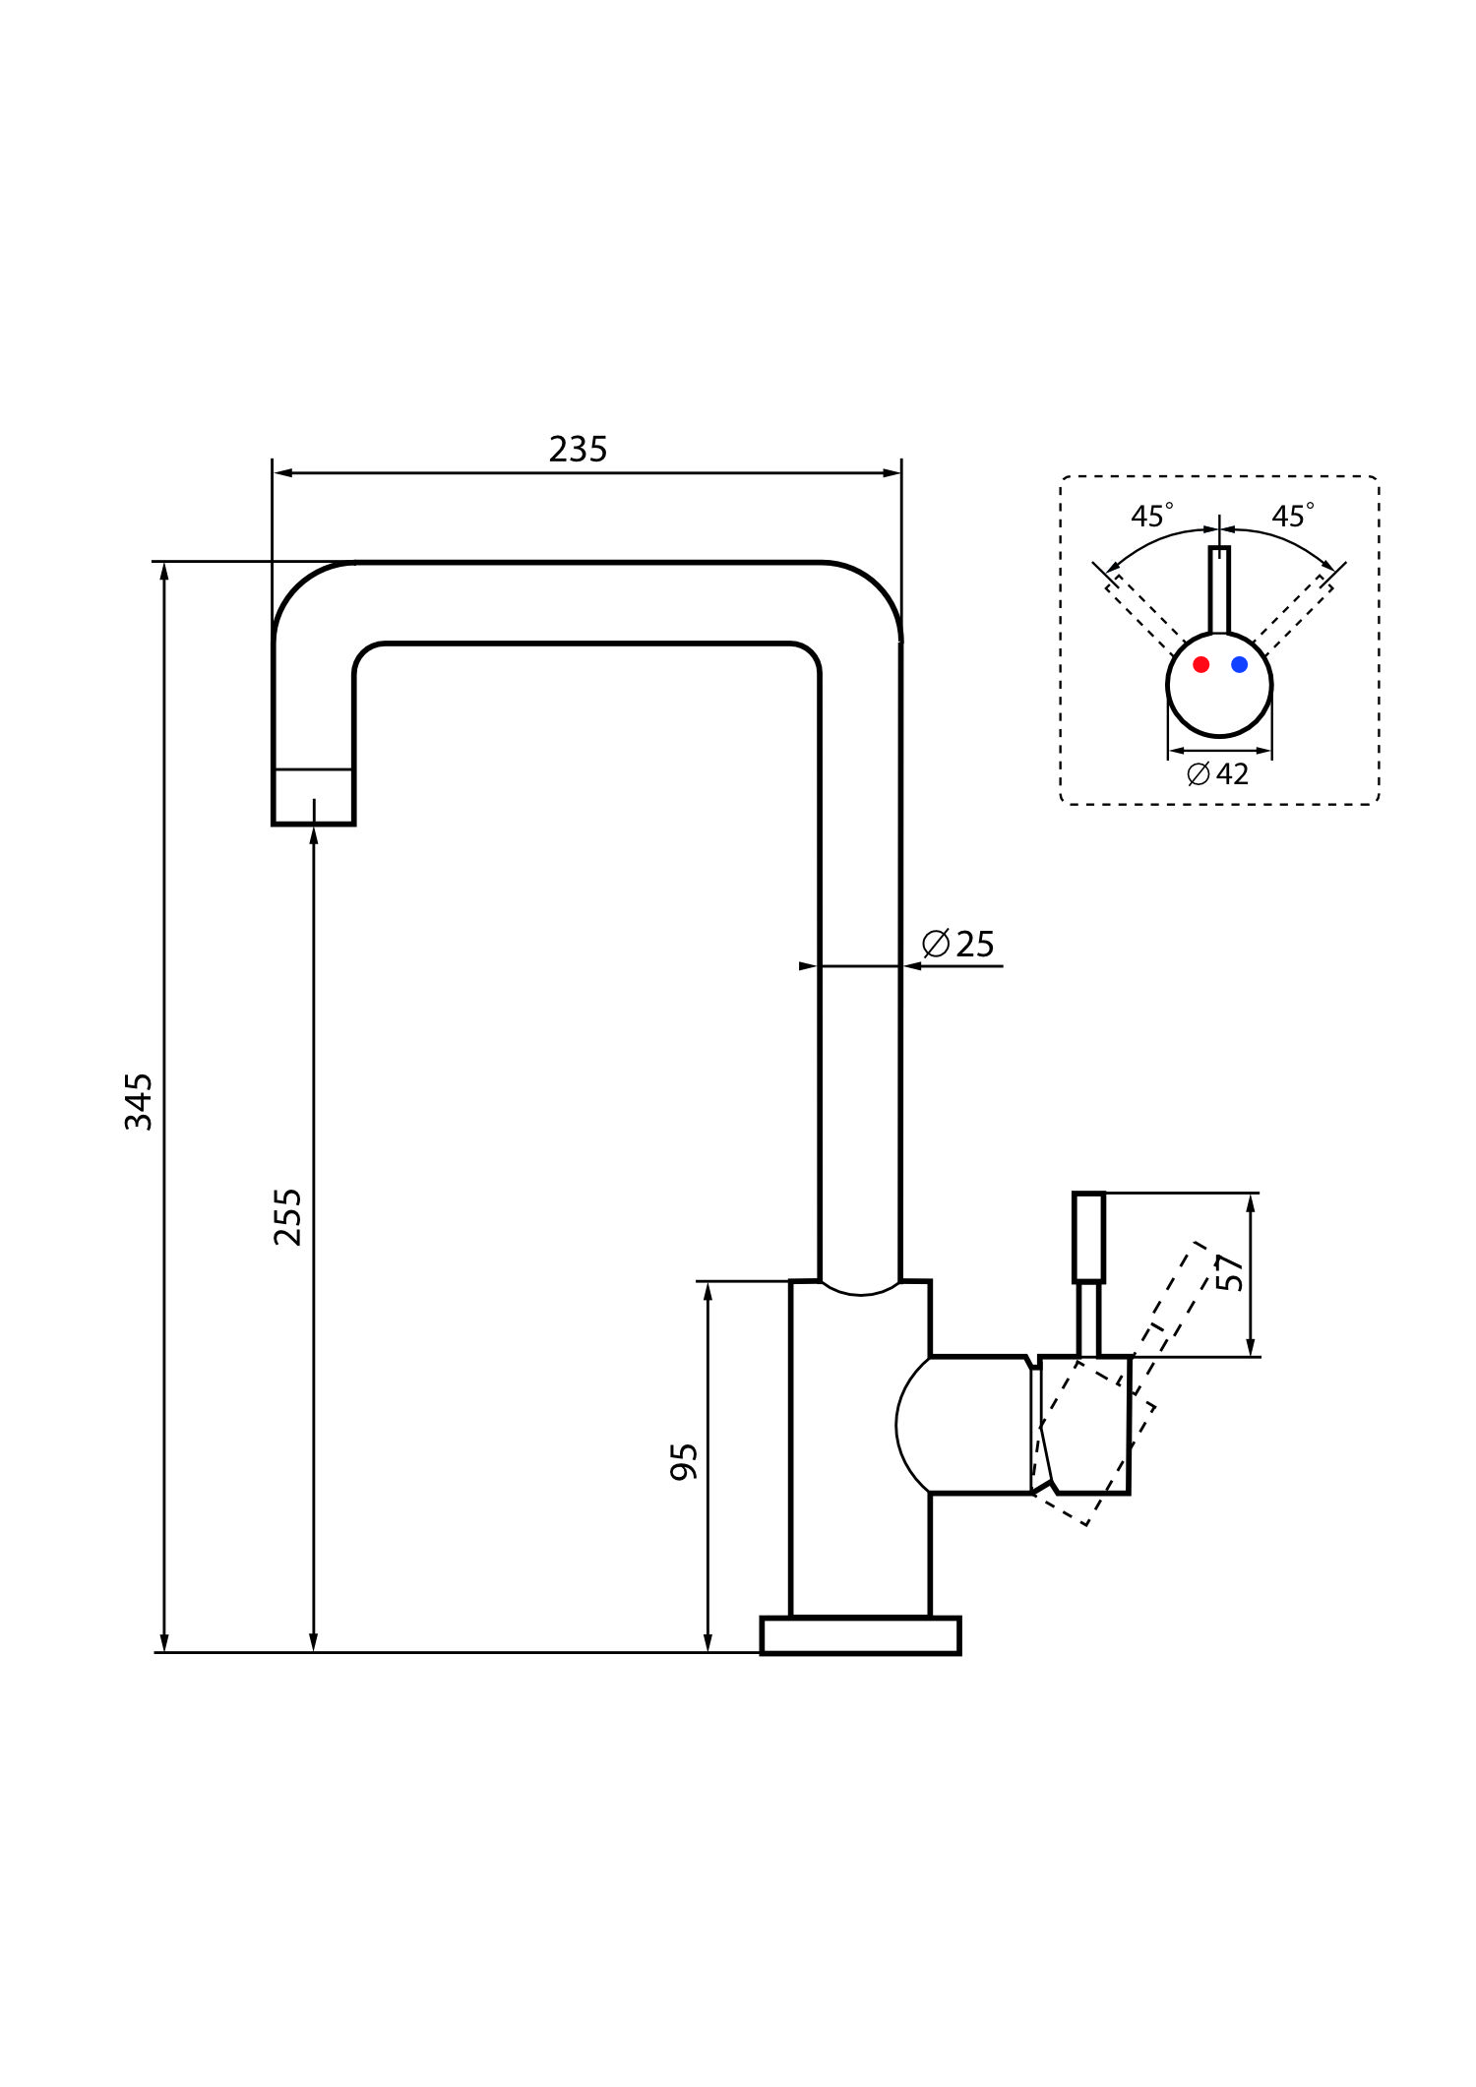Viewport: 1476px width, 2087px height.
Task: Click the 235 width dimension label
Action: pos(578,450)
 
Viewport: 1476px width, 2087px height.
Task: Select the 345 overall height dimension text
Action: pos(139,1101)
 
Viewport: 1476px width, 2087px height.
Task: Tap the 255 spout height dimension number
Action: pos(287,1217)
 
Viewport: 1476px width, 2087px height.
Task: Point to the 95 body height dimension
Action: pos(683,1462)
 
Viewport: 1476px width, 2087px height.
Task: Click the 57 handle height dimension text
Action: pos(1229,1272)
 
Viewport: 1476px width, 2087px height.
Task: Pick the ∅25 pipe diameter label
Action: pos(957,944)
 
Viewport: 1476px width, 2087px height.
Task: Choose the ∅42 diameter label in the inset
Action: pos(1217,774)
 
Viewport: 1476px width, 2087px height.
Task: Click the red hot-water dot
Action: pos(1200,664)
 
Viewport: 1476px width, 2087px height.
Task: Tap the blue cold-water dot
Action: pos(1239,664)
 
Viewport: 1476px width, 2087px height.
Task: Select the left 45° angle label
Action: pos(1151,516)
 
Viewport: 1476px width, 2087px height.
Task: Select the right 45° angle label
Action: pos(1292,516)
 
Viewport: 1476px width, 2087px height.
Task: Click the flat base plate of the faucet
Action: pos(860,1635)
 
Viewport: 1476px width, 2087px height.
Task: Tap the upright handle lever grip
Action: pos(1088,1237)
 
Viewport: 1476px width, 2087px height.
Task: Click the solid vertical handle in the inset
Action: pos(1219,589)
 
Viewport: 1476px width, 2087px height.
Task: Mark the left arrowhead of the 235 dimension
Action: pos(283,473)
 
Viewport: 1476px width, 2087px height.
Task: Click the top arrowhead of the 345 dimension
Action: pos(164,572)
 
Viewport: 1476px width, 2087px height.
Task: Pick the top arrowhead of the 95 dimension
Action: pos(707,1291)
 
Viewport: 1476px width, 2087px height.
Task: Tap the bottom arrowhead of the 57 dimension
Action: pos(1251,1347)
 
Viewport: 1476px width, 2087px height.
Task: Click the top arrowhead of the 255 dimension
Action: pos(313,835)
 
